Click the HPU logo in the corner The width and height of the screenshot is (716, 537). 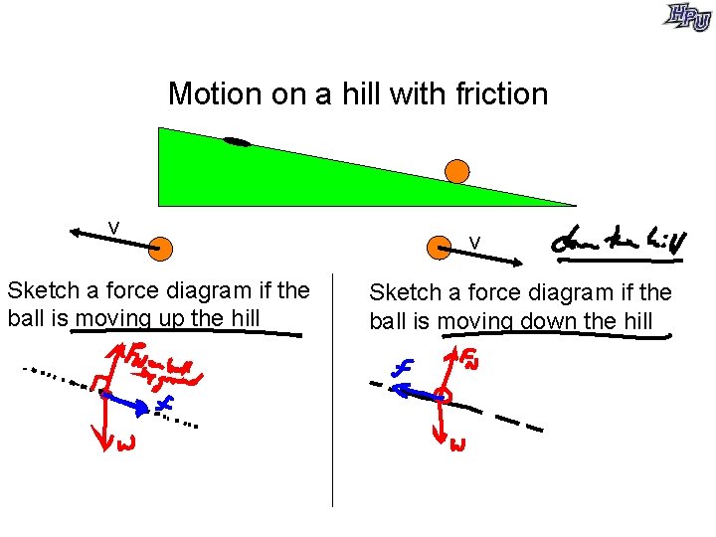(x=688, y=17)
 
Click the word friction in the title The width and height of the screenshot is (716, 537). (x=501, y=93)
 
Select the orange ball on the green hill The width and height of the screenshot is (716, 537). (x=456, y=170)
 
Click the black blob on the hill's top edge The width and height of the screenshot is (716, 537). (x=237, y=141)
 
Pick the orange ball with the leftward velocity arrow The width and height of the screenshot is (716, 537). (x=159, y=248)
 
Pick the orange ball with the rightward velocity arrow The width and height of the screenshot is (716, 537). (x=438, y=248)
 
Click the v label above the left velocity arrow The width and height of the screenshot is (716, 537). (x=114, y=229)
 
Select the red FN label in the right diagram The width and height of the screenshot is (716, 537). (x=467, y=357)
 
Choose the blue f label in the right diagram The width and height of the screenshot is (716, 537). (x=403, y=368)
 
